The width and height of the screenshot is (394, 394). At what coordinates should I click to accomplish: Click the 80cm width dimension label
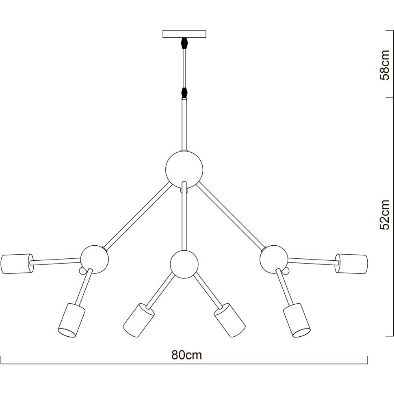pyautogui.click(x=187, y=355)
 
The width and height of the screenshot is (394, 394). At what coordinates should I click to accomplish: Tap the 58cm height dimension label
pyautogui.click(x=384, y=65)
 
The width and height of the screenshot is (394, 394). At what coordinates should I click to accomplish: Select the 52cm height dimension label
pyautogui.click(x=384, y=215)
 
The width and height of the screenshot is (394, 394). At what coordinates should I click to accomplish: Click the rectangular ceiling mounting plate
pyautogui.click(x=184, y=34)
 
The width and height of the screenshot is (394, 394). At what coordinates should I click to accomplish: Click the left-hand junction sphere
pyautogui.click(x=95, y=259)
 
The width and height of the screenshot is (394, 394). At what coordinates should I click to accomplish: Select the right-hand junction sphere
pyautogui.click(x=274, y=259)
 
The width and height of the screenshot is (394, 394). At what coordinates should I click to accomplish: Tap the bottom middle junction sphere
pyautogui.click(x=184, y=264)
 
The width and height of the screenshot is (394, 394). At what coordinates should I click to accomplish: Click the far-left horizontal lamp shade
pyautogui.click(x=17, y=264)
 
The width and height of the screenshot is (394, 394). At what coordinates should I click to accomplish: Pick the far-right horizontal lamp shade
pyautogui.click(x=351, y=264)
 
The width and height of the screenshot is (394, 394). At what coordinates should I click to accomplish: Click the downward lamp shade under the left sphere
pyautogui.click(x=71, y=320)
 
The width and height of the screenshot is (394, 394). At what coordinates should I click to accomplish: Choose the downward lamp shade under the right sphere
pyautogui.click(x=297, y=320)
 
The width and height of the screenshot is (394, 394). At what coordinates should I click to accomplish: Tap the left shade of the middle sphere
pyautogui.click(x=139, y=320)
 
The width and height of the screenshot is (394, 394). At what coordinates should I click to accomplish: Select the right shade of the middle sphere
pyautogui.click(x=229, y=320)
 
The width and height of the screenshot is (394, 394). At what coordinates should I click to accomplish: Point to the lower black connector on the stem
pyautogui.click(x=185, y=92)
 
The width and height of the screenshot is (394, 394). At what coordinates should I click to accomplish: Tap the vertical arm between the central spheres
pyautogui.click(x=184, y=216)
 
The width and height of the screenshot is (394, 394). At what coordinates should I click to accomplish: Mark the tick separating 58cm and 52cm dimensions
pyautogui.click(x=390, y=97)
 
